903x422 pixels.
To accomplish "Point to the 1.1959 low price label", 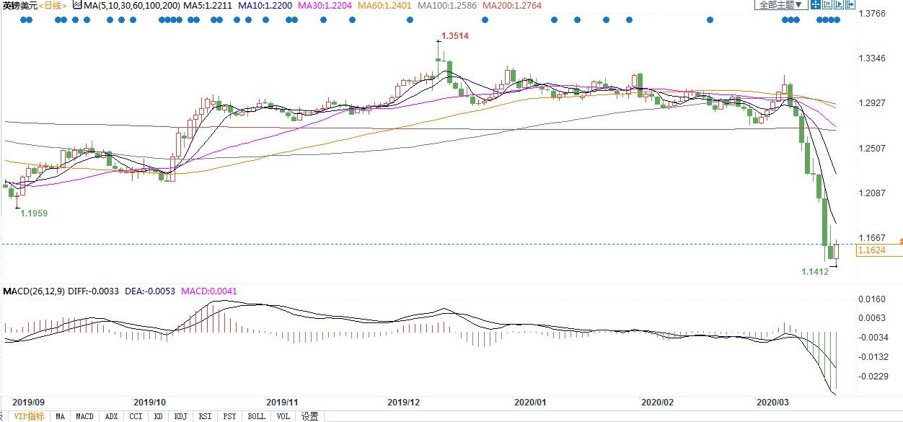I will [x=34, y=214].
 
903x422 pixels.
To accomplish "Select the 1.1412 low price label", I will [x=816, y=272].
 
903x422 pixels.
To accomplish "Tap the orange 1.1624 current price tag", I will [x=871, y=250].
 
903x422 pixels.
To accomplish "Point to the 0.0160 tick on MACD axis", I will [x=872, y=299].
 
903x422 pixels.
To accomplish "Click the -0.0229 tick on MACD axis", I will [x=872, y=376].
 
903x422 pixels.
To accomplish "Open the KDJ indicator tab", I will [x=180, y=416].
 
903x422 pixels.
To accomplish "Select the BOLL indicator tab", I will [x=256, y=416].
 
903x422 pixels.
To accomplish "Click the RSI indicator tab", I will [x=205, y=416].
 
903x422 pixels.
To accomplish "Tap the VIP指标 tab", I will [x=29, y=416].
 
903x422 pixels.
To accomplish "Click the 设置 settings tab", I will [x=309, y=416].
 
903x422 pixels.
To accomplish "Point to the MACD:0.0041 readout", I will [x=211, y=291].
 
